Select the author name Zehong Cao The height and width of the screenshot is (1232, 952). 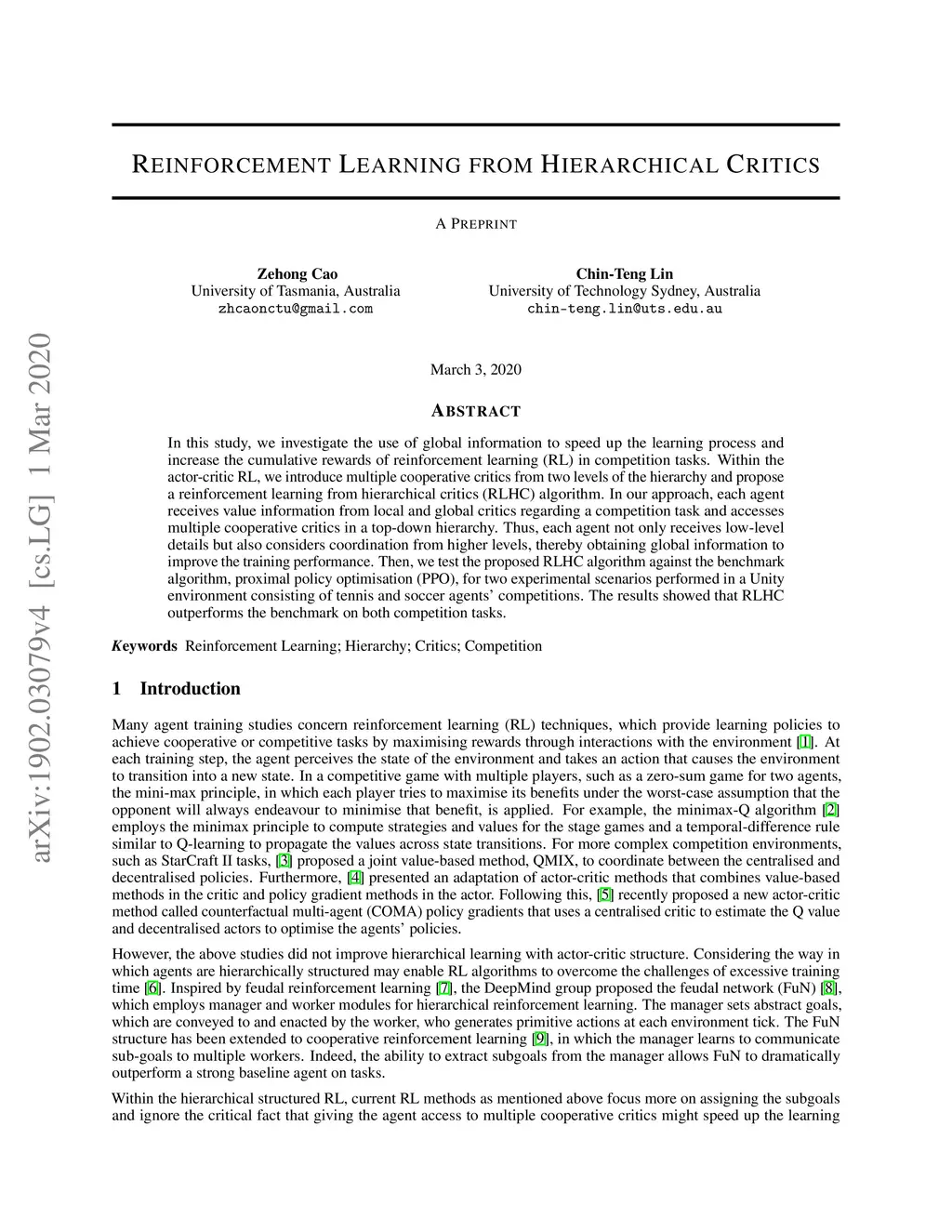[297, 274]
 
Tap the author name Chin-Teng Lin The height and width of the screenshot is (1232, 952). [624, 274]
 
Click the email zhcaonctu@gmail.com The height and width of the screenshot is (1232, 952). [296, 309]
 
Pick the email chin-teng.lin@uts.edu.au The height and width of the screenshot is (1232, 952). [624, 309]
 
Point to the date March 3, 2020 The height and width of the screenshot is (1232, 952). [475, 370]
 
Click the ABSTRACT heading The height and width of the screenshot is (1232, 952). [475, 411]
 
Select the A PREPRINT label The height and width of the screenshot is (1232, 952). [475, 224]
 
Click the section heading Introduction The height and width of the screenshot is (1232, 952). [190, 689]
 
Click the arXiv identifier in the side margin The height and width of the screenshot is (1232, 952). [40, 595]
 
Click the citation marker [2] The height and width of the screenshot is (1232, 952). [831, 810]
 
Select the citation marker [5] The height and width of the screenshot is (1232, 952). [605, 894]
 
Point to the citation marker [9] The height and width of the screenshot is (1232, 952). [540, 1039]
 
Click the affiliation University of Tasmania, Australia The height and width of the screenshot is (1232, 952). [296, 291]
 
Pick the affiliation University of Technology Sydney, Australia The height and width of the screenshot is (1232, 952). [624, 291]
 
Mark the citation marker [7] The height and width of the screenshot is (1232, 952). [444, 987]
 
